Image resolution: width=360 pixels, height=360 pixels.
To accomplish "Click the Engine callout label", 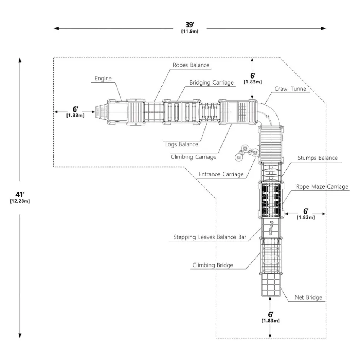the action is (103, 79).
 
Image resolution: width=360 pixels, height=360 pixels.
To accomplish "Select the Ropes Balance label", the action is (191, 65).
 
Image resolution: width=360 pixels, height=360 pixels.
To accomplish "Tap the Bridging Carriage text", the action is (212, 83).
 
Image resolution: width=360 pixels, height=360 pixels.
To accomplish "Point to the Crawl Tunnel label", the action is (291, 89).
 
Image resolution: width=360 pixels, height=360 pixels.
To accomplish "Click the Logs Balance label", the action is (181, 145).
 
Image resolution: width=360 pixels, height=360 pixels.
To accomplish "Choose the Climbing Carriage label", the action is (194, 157).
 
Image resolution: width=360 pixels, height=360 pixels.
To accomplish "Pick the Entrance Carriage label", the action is (221, 175).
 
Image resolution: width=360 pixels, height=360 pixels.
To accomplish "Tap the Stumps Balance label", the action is (318, 158).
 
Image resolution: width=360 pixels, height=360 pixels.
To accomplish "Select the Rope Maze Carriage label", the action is (322, 186).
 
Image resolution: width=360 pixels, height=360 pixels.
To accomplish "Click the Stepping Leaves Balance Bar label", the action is (210, 237).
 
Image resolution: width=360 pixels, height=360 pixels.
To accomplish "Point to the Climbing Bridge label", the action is (213, 265).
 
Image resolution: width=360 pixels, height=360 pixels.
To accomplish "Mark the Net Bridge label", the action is (308, 298).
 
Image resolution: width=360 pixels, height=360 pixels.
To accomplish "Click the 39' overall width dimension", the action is (190, 24).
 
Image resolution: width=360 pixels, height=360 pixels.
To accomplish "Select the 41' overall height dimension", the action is (20, 195).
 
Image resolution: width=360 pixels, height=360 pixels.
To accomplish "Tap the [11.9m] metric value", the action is (190, 31).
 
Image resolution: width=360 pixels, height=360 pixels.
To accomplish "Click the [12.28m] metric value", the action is (20, 201).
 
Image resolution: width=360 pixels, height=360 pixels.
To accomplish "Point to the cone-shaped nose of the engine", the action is (101, 112).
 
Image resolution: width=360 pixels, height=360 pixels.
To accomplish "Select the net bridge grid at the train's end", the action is (271, 285).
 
